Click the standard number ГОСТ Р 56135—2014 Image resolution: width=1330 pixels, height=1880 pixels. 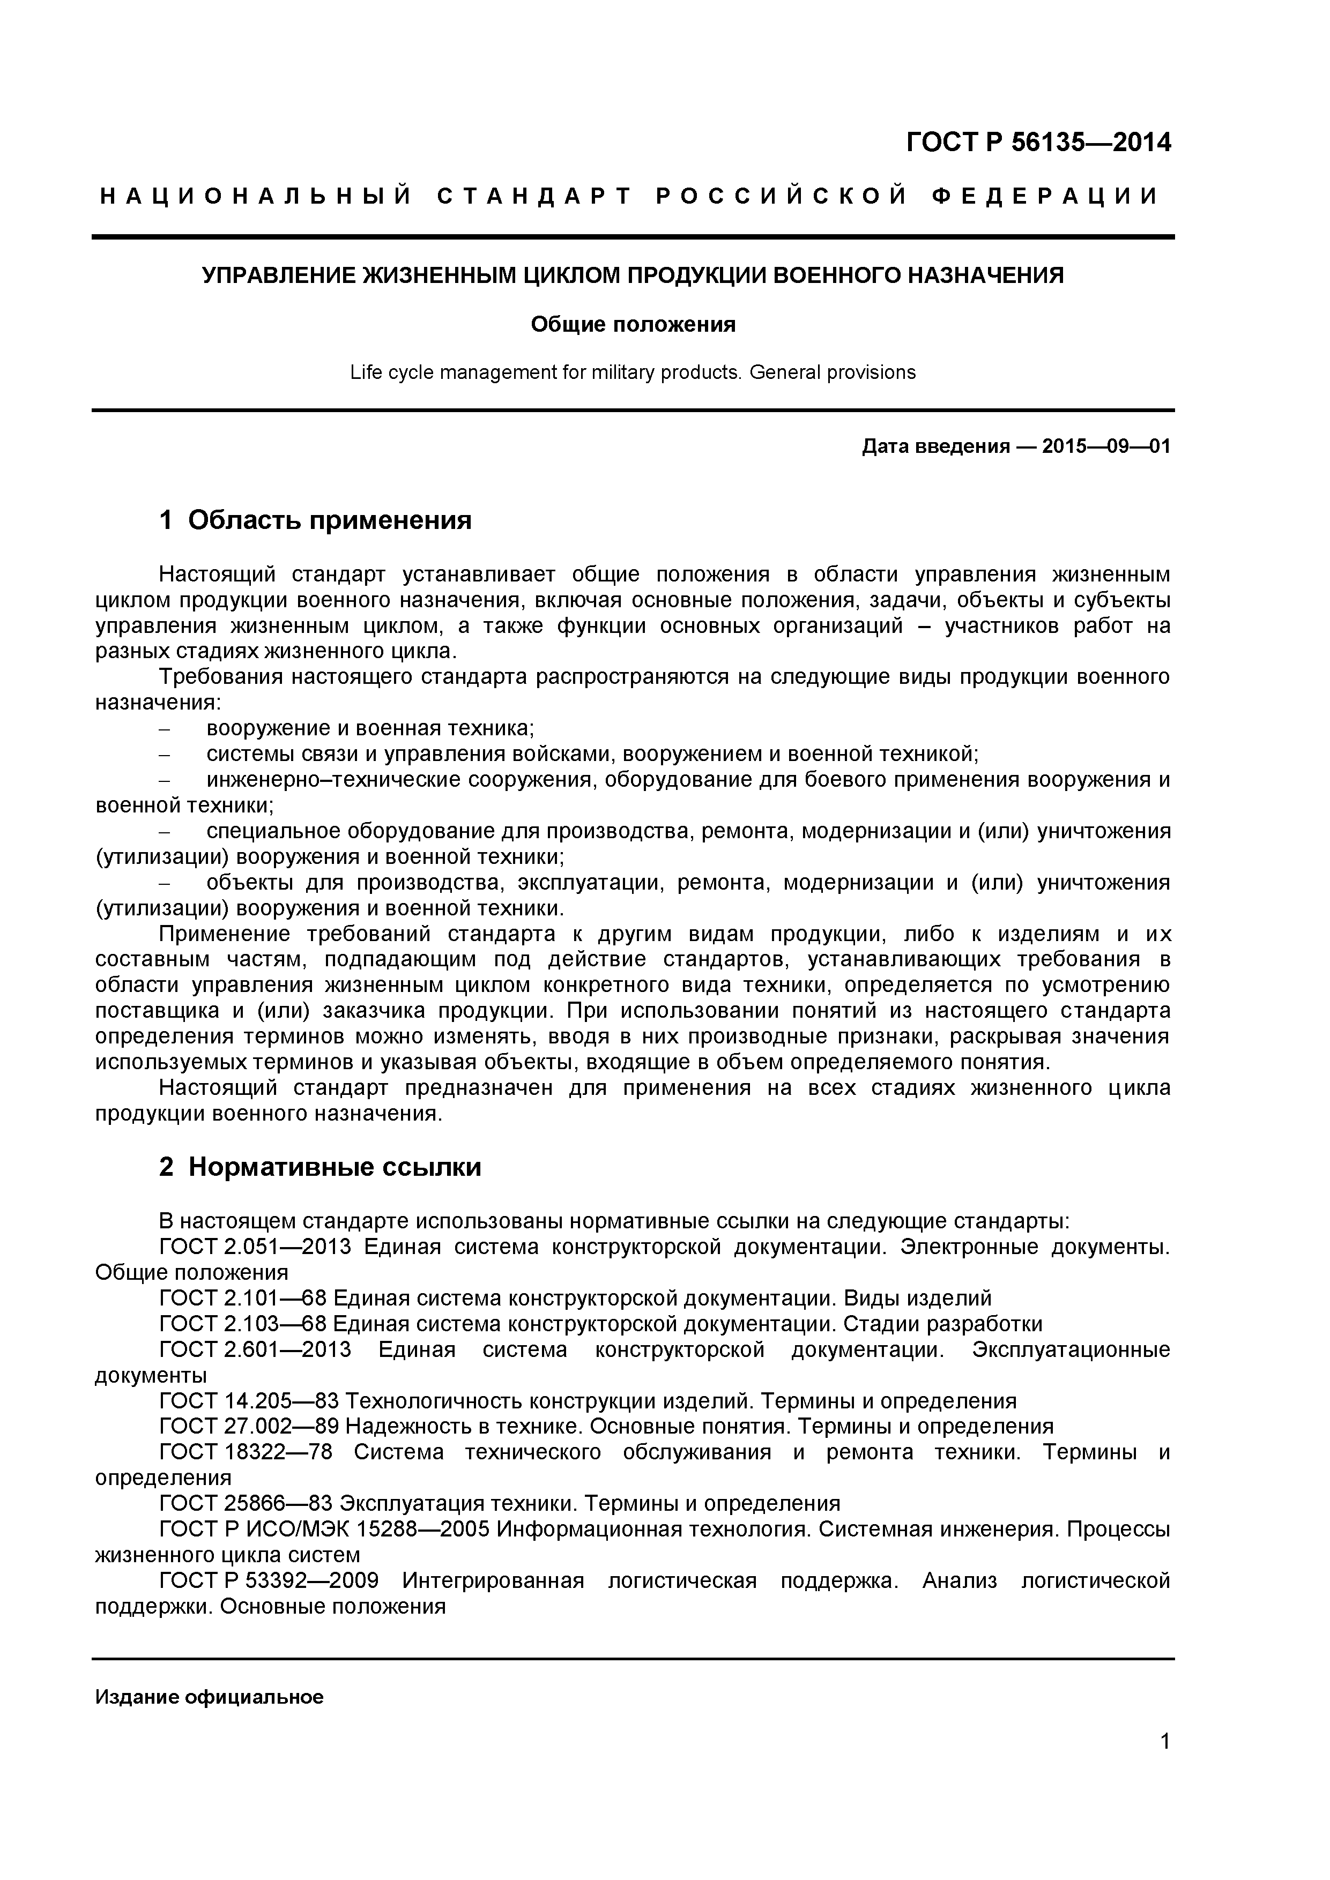(x=1038, y=143)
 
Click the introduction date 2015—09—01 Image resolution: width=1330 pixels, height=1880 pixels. (x=1105, y=446)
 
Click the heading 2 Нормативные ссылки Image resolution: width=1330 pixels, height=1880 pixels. (x=320, y=1168)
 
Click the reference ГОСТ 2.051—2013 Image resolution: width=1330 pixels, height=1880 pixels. (x=255, y=1247)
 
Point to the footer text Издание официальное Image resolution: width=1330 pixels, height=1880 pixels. (x=210, y=1697)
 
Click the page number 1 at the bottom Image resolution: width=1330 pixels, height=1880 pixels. (x=1164, y=1764)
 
